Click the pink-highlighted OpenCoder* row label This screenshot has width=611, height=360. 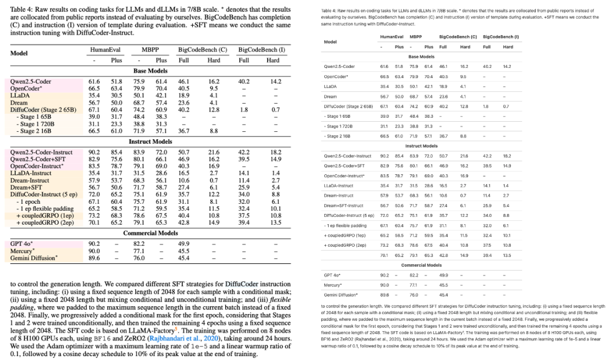click(x=25, y=88)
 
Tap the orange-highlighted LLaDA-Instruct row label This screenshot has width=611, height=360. click(x=31, y=173)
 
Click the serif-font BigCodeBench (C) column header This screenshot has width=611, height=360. click(x=203, y=50)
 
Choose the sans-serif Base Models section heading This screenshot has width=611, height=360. click(x=421, y=57)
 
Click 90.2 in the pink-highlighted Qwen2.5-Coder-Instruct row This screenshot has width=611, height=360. click(x=94, y=152)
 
